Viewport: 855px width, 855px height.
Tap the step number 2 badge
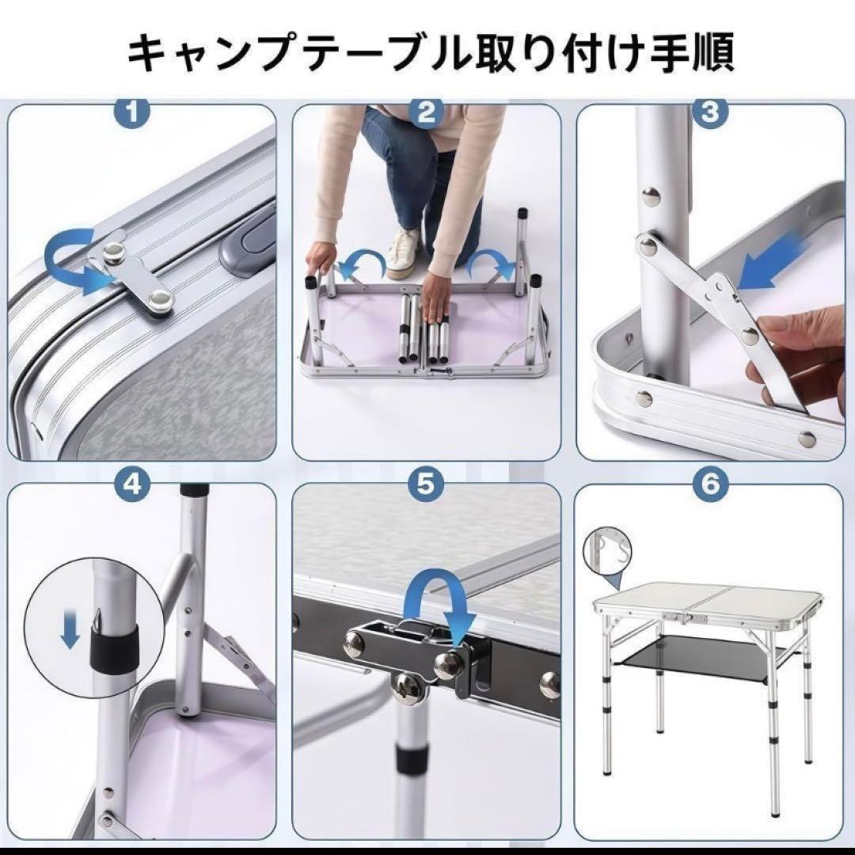point(426,112)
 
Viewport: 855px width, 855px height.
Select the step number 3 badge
point(710,112)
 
